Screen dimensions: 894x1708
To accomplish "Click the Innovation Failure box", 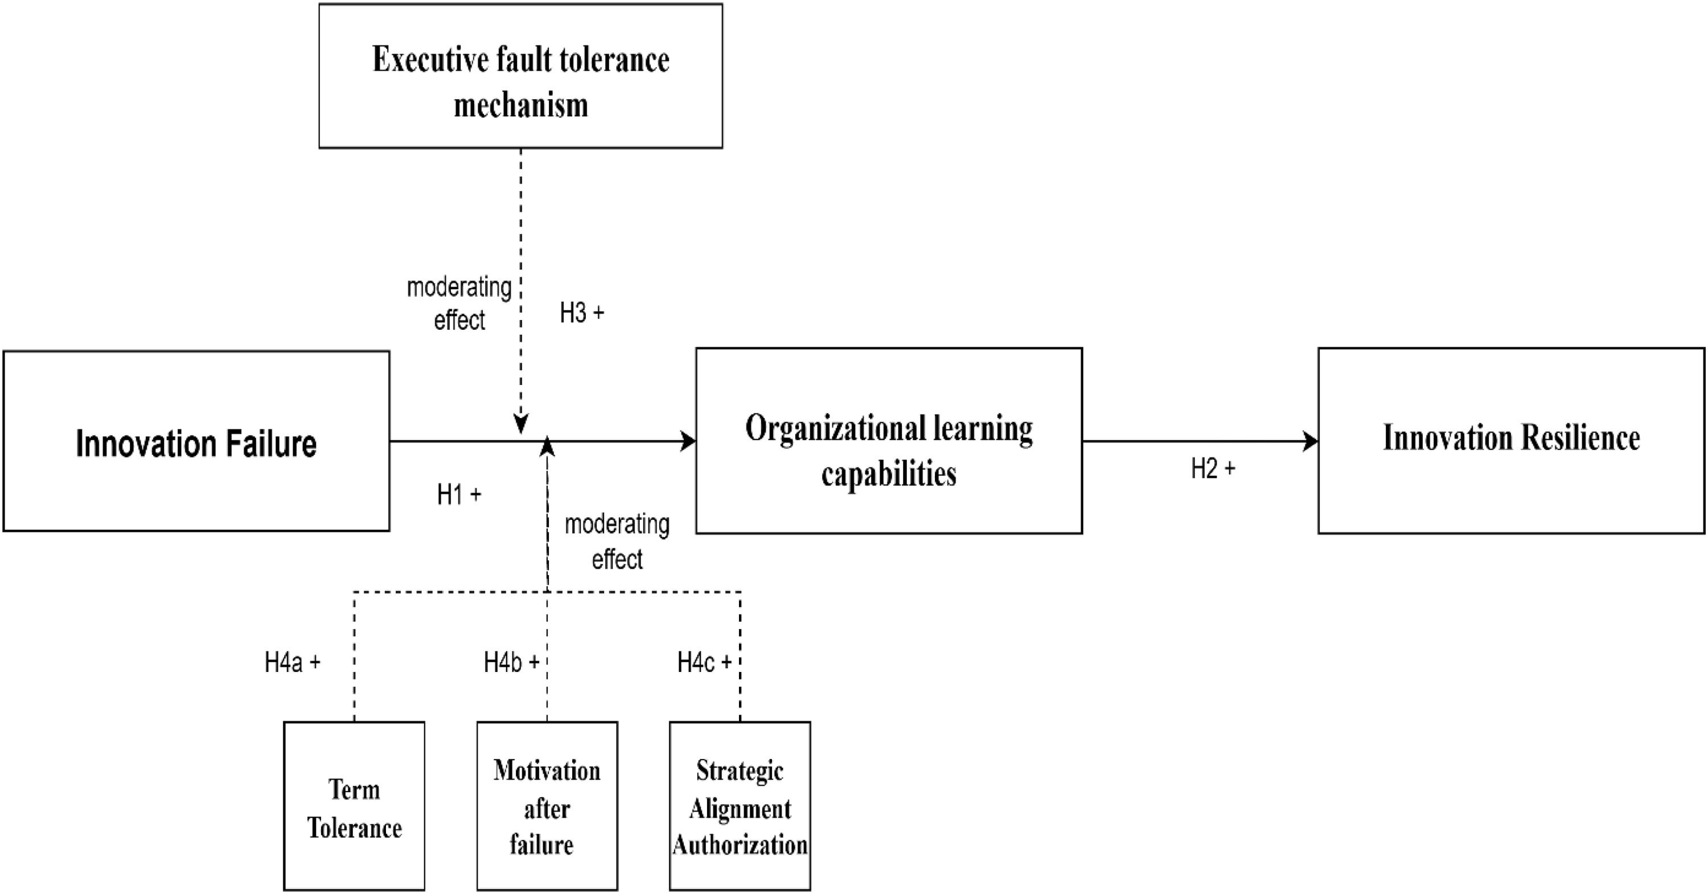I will pos(196,442).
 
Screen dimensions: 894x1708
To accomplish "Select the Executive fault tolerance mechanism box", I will pos(520,76).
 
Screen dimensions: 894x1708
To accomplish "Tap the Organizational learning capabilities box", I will pos(889,442).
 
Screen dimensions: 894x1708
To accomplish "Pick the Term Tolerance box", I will pos(354,806).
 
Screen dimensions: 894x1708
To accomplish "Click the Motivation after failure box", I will pos(547,806).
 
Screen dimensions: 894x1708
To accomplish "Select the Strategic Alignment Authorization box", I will pos(740,806).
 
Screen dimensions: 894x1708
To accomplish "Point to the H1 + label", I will pos(459,495).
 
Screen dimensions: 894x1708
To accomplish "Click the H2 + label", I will pos(1213,469).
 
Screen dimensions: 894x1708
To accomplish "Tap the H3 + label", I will pos(581,313).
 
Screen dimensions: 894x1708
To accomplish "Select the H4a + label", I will pos(293,662).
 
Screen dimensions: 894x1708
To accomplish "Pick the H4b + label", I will pos(511,662).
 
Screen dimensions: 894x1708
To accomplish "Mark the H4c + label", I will pos(704,662).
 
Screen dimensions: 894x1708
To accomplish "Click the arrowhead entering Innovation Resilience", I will pos(1311,442).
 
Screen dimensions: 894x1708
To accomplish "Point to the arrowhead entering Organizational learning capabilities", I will pos(689,442).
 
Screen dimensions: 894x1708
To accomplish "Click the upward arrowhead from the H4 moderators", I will pos(547,447).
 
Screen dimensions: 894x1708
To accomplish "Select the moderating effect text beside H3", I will pos(459,304).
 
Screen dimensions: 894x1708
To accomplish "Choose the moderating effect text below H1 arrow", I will pos(617,541).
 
